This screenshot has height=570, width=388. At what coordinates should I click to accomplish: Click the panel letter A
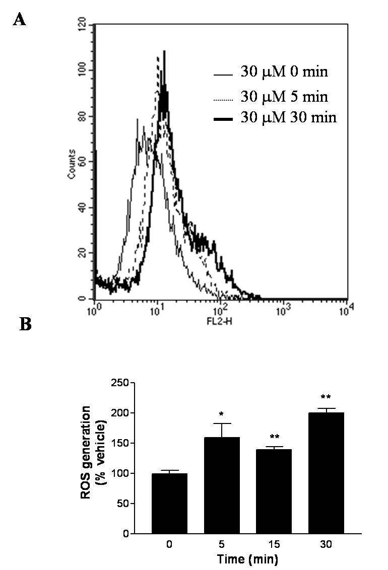click(19, 19)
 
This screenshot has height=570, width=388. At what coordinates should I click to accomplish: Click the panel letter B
click(25, 324)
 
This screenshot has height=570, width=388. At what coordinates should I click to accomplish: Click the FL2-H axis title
click(221, 320)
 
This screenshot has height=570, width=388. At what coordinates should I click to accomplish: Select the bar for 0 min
click(169, 504)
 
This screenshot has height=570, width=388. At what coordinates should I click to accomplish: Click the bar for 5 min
click(222, 485)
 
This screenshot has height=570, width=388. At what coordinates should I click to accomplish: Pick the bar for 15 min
click(274, 491)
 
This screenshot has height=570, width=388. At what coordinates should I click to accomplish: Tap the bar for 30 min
click(326, 473)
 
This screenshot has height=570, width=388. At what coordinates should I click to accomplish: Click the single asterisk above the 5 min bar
click(221, 414)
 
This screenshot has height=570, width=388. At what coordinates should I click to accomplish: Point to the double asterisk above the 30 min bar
click(326, 397)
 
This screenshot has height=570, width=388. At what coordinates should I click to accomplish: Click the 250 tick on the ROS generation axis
click(121, 383)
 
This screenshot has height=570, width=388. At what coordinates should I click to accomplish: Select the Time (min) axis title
click(247, 559)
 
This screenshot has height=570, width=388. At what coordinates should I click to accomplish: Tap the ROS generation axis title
click(91, 452)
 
